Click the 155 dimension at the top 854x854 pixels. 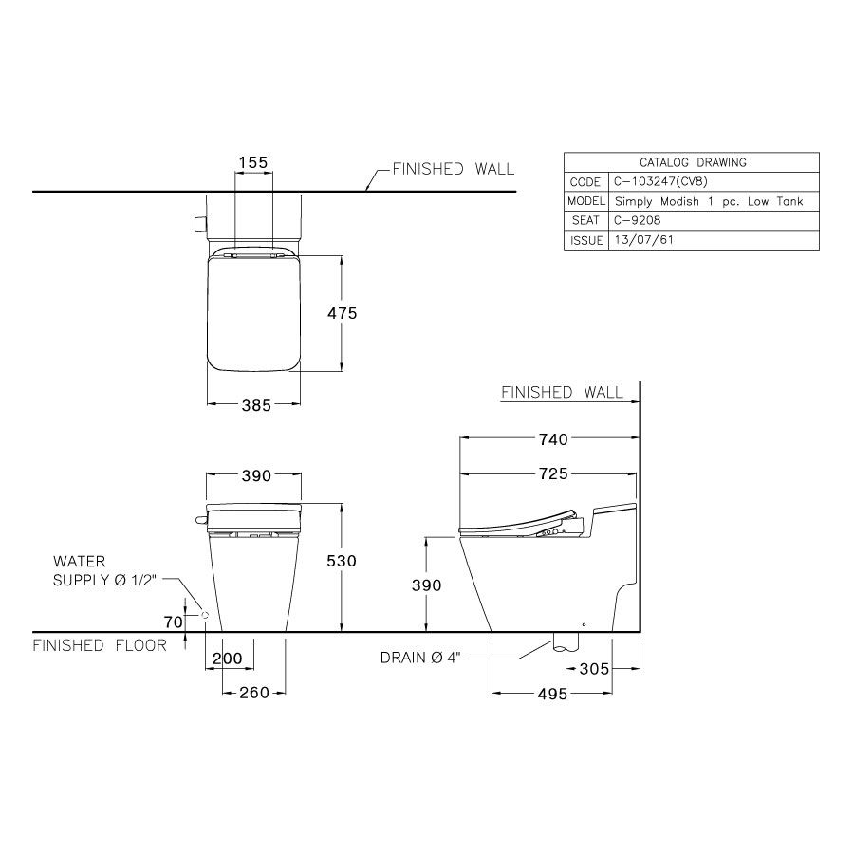click(253, 162)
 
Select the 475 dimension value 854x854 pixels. click(342, 313)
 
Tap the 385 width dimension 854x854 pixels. click(256, 405)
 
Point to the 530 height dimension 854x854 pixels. click(342, 561)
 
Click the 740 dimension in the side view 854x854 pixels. click(553, 439)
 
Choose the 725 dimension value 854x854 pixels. click(553, 473)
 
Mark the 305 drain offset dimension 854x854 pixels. click(594, 668)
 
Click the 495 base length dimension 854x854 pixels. click(552, 694)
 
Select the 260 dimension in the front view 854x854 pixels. click(254, 693)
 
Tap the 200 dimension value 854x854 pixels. click(227, 659)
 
